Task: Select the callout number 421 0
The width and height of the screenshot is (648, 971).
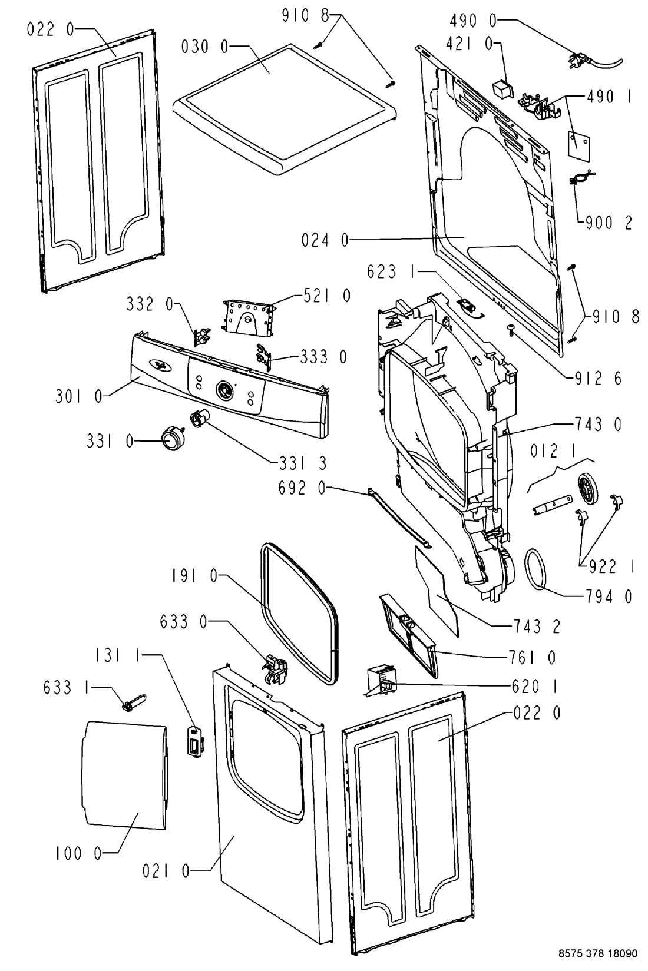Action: tap(470, 44)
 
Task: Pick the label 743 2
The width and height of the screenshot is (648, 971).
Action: tap(537, 626)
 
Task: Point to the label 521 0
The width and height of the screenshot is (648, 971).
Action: tap(326, 296)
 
